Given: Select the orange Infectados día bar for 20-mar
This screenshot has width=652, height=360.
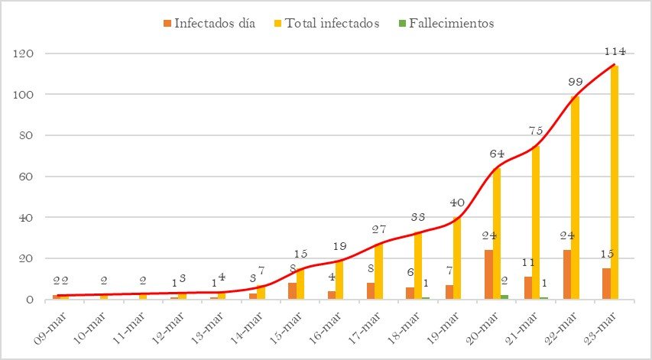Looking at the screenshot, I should click(x=488, y=274).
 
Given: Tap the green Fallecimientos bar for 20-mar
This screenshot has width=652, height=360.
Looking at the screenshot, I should click(x=504, y=297).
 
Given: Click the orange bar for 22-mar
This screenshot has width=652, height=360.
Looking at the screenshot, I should click(x=567, y=274).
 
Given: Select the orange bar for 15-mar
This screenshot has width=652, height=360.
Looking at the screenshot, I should click(x=292, y=291).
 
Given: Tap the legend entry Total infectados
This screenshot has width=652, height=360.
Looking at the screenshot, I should click(x=326, y=23).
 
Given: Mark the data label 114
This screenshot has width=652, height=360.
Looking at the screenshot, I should click(x=615, y=51).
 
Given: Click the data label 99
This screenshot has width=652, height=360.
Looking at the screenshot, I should click(x=577, y=82).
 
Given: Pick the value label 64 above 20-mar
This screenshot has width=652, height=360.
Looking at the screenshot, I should click(x=497, y=154).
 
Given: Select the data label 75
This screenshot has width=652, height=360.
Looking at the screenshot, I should click(x=537, y=131).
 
